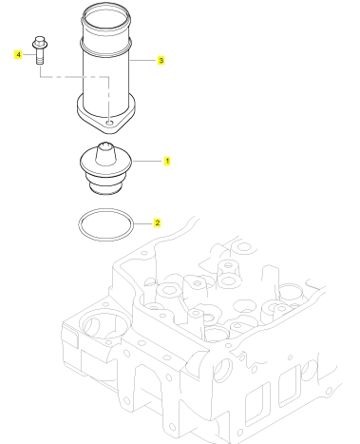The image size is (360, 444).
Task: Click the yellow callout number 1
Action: tap(167, 161)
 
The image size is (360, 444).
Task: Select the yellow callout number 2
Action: tap(158, 222)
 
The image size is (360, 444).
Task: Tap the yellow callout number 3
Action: tap(161, 60)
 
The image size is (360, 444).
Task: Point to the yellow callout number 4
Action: tap(18, 54)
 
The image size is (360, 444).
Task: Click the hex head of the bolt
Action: tap(40, 42)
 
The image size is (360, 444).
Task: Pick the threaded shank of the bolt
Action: tap(40, 56)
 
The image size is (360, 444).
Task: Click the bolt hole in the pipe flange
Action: tap(109, 123)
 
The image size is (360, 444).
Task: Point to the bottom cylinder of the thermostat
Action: tap(105, 188)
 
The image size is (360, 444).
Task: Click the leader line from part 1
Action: tap(147, 162)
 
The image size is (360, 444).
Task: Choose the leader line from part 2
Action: tap(143, 223)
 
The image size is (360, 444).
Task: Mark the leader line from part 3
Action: tap(143, 60)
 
